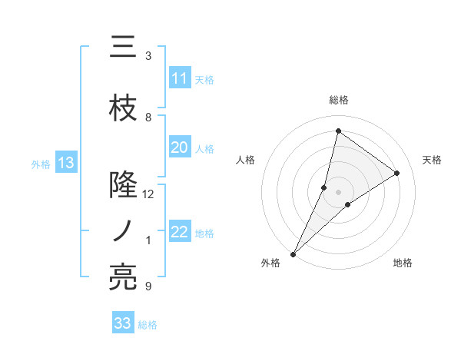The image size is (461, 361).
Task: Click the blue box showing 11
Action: click(180, 78)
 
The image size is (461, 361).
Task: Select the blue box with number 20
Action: click(180, 147)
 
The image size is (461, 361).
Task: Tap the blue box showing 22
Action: click(180, 232)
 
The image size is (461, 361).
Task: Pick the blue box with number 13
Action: click(66, 163)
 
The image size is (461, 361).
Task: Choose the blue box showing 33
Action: click(123, 323)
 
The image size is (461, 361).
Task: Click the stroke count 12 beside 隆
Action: click(148, 194)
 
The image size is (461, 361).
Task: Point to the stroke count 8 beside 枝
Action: click(148, 118)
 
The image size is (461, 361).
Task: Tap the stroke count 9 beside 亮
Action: click(148, 286)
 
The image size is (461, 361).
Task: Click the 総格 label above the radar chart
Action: click(338, 100)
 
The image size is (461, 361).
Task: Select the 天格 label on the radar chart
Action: click(432, 160)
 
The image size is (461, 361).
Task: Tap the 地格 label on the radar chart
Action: click(403, 263)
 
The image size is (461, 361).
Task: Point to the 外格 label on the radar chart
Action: click(270, 263)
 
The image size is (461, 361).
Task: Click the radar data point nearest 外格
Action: click(293, 253)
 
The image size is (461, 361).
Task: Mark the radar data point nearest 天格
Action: click(397, 173)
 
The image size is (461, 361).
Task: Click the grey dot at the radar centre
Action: click(338, 192)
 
